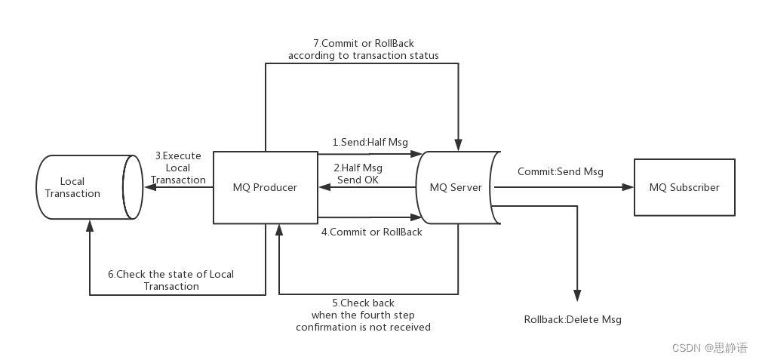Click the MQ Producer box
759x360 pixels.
(265, 187)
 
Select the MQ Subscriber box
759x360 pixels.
(684, 187)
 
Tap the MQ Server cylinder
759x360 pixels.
(456, 187)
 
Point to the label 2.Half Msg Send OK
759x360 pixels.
(358, 174)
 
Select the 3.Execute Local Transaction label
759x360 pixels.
(178, 168)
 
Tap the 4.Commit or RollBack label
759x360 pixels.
(372, 232)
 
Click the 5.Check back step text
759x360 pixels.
(363, 315)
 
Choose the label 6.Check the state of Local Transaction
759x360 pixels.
(171, 280)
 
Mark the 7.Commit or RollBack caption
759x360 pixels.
(363, 49)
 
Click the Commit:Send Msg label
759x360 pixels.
(560, 171)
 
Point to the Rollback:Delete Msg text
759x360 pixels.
(573, 319)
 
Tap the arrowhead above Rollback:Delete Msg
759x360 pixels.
(577, 297)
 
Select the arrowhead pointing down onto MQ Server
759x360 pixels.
(458, 146)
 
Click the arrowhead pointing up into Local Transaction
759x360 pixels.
(90, 225)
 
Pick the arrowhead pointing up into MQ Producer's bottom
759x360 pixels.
(279, 229)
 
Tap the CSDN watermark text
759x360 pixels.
(699, 347)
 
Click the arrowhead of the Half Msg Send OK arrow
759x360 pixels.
(323, 187)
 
